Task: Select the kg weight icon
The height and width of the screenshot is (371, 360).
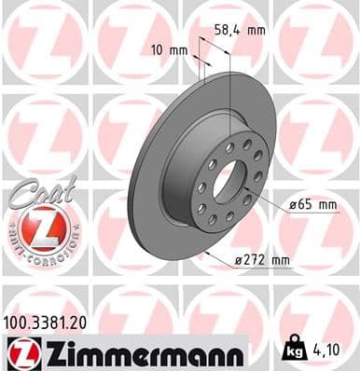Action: pos(295,352)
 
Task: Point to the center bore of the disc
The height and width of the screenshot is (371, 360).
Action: pos(228,180)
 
